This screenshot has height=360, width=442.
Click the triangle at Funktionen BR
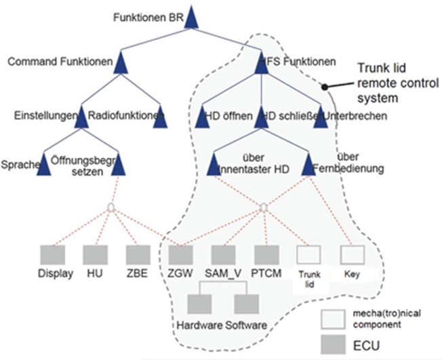tap(190, 17)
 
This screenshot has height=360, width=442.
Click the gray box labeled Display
tap(52, 255)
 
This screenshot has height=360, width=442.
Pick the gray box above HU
tap(96, 255)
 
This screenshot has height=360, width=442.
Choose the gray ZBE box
tap(139, 255)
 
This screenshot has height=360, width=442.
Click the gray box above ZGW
tap(181, 255)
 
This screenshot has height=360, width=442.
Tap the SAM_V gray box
tap(224, 255)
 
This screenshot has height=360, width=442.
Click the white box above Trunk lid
tap(308, 255)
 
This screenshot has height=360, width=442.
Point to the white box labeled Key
tap(351, 255)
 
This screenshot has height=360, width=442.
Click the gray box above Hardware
tap(201, 303)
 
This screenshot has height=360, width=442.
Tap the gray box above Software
tap(245, 303)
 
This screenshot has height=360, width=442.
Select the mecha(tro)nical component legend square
tap(332, 318)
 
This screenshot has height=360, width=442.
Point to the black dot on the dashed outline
tap(324, 86)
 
